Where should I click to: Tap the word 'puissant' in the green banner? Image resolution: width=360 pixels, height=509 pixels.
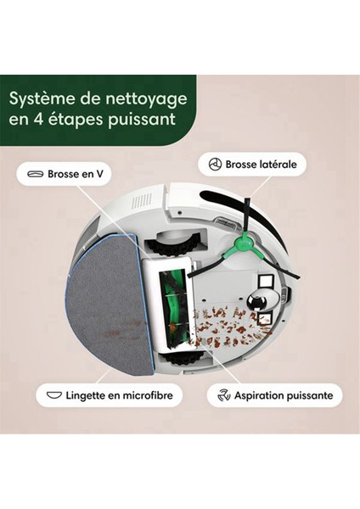[140, 118]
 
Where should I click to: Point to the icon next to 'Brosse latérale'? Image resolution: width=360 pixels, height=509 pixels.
[216, 164]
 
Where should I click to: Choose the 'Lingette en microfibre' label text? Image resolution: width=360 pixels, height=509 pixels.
[119, 394]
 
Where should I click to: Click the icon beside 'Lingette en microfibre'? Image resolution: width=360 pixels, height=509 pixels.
[53, 394]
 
